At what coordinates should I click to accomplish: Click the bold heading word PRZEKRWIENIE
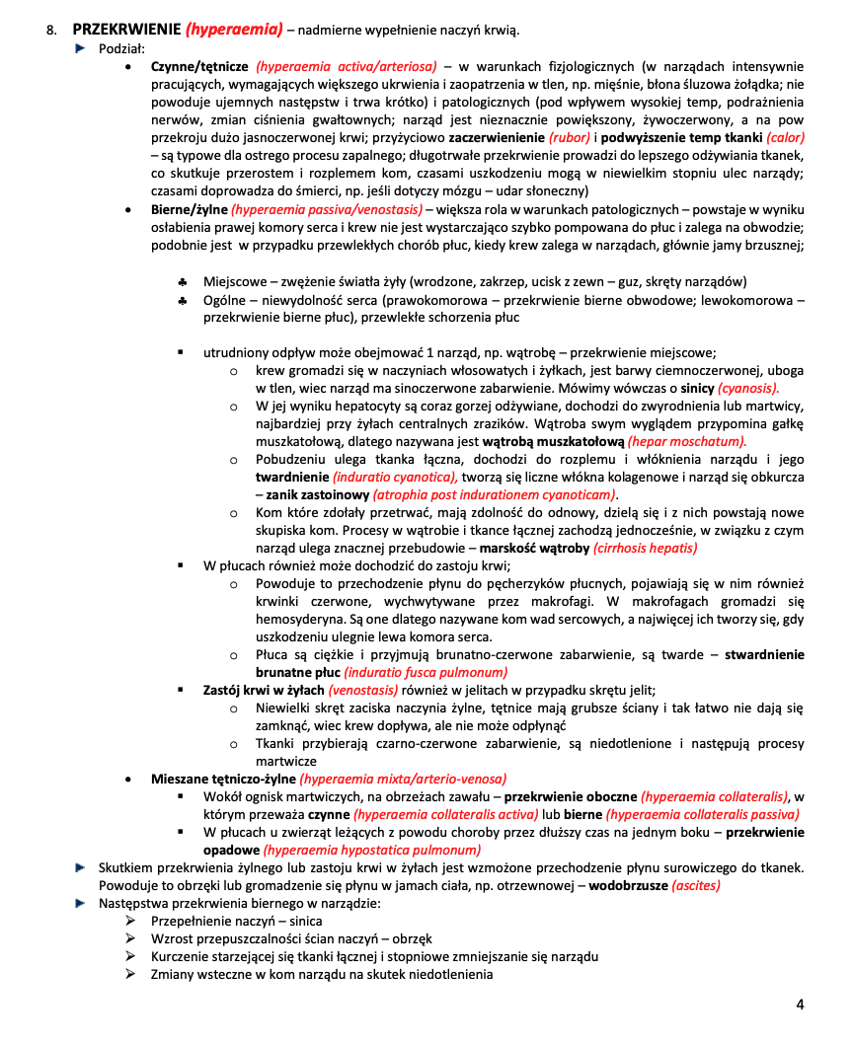click(x=126, y=30)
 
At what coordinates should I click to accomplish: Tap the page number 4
click(x=800, y=1005)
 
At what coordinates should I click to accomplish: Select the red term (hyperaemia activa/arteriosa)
click(x=346, y=67)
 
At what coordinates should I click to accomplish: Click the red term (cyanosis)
click(x=747, y=389)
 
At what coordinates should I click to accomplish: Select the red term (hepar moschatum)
click(x=686, y=442)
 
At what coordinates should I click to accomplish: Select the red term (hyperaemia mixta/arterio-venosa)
click(x=403, y=779)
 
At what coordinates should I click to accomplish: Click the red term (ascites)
click(x=695, y=885)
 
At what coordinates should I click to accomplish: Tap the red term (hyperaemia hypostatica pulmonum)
click(x=372, y=850)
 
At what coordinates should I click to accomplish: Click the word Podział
click(x=121, y=48)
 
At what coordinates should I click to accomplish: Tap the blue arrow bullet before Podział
click(x=81, y=48)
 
